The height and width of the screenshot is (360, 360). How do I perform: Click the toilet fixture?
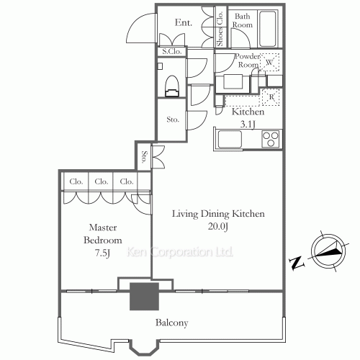172,86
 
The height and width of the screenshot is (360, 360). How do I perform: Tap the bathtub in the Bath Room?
268,29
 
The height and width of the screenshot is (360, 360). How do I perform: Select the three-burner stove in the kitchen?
271,139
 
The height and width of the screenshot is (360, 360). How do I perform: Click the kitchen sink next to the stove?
230,140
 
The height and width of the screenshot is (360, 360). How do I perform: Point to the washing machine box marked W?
270,62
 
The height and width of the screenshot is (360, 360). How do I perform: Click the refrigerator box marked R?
271,97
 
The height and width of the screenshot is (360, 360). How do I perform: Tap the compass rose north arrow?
328,252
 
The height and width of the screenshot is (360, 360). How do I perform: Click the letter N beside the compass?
297,264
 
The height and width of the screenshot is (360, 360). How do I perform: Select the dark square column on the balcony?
144,296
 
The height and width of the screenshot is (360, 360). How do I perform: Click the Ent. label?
184,22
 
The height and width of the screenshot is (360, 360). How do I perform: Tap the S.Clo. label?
171,52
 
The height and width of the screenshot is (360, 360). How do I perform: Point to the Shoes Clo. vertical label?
220,29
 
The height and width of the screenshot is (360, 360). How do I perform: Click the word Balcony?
171,323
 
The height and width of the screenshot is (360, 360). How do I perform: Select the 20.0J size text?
218,227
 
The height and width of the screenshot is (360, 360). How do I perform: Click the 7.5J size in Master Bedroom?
102,253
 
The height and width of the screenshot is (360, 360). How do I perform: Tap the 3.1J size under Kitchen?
248,125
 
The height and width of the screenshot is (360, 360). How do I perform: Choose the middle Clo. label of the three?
102,181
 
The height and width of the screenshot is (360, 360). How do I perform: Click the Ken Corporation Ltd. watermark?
180,252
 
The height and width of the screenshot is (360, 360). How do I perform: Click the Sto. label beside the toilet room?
173,120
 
